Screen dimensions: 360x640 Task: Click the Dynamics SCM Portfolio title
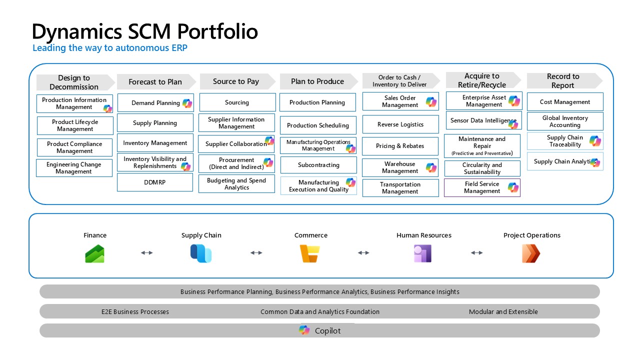145,31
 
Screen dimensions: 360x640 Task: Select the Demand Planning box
155,103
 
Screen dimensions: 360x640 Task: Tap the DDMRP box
155,182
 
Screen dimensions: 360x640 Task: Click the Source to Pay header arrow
237,81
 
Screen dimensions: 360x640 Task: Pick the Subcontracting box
318,165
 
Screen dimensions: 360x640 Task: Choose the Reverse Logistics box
400,124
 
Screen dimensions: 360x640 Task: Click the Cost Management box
565,102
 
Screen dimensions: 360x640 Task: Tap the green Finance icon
95,253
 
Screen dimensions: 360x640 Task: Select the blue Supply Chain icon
201,253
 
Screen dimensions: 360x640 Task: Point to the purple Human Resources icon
422,253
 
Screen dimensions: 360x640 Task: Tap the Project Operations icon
531,253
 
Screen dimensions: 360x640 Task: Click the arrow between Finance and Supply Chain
147,253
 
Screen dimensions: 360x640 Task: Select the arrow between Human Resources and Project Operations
477,253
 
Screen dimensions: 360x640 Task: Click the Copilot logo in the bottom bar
304,330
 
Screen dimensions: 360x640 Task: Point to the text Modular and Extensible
503,311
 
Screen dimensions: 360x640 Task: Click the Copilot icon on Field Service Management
513,187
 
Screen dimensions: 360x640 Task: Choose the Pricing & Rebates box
400,146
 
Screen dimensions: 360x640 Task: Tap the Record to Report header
563,81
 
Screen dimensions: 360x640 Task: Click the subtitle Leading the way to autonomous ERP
110,48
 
